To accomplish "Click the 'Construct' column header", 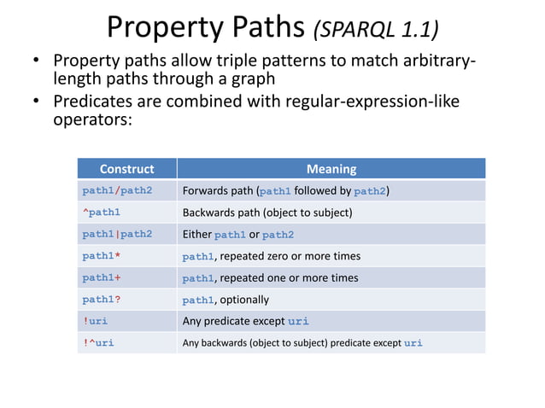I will tap(126, 169).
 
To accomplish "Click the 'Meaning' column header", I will tap(331, 169).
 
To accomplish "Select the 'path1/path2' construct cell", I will tap(117, 190).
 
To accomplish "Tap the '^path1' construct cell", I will tap(101, 213).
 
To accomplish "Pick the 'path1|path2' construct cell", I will tap(117, 234).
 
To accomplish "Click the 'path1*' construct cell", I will tap(102, 256).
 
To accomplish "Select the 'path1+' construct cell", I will tap(102, 277).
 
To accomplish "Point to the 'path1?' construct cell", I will tap(102, 300).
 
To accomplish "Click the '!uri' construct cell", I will tap(95, 321).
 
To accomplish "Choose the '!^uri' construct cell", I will tap(98, 343).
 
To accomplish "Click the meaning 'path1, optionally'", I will tap(226, 300).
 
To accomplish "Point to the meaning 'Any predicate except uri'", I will tap(246, 321).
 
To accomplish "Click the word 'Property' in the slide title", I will tap(162, 29).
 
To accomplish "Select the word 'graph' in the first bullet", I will tap(252, 79).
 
